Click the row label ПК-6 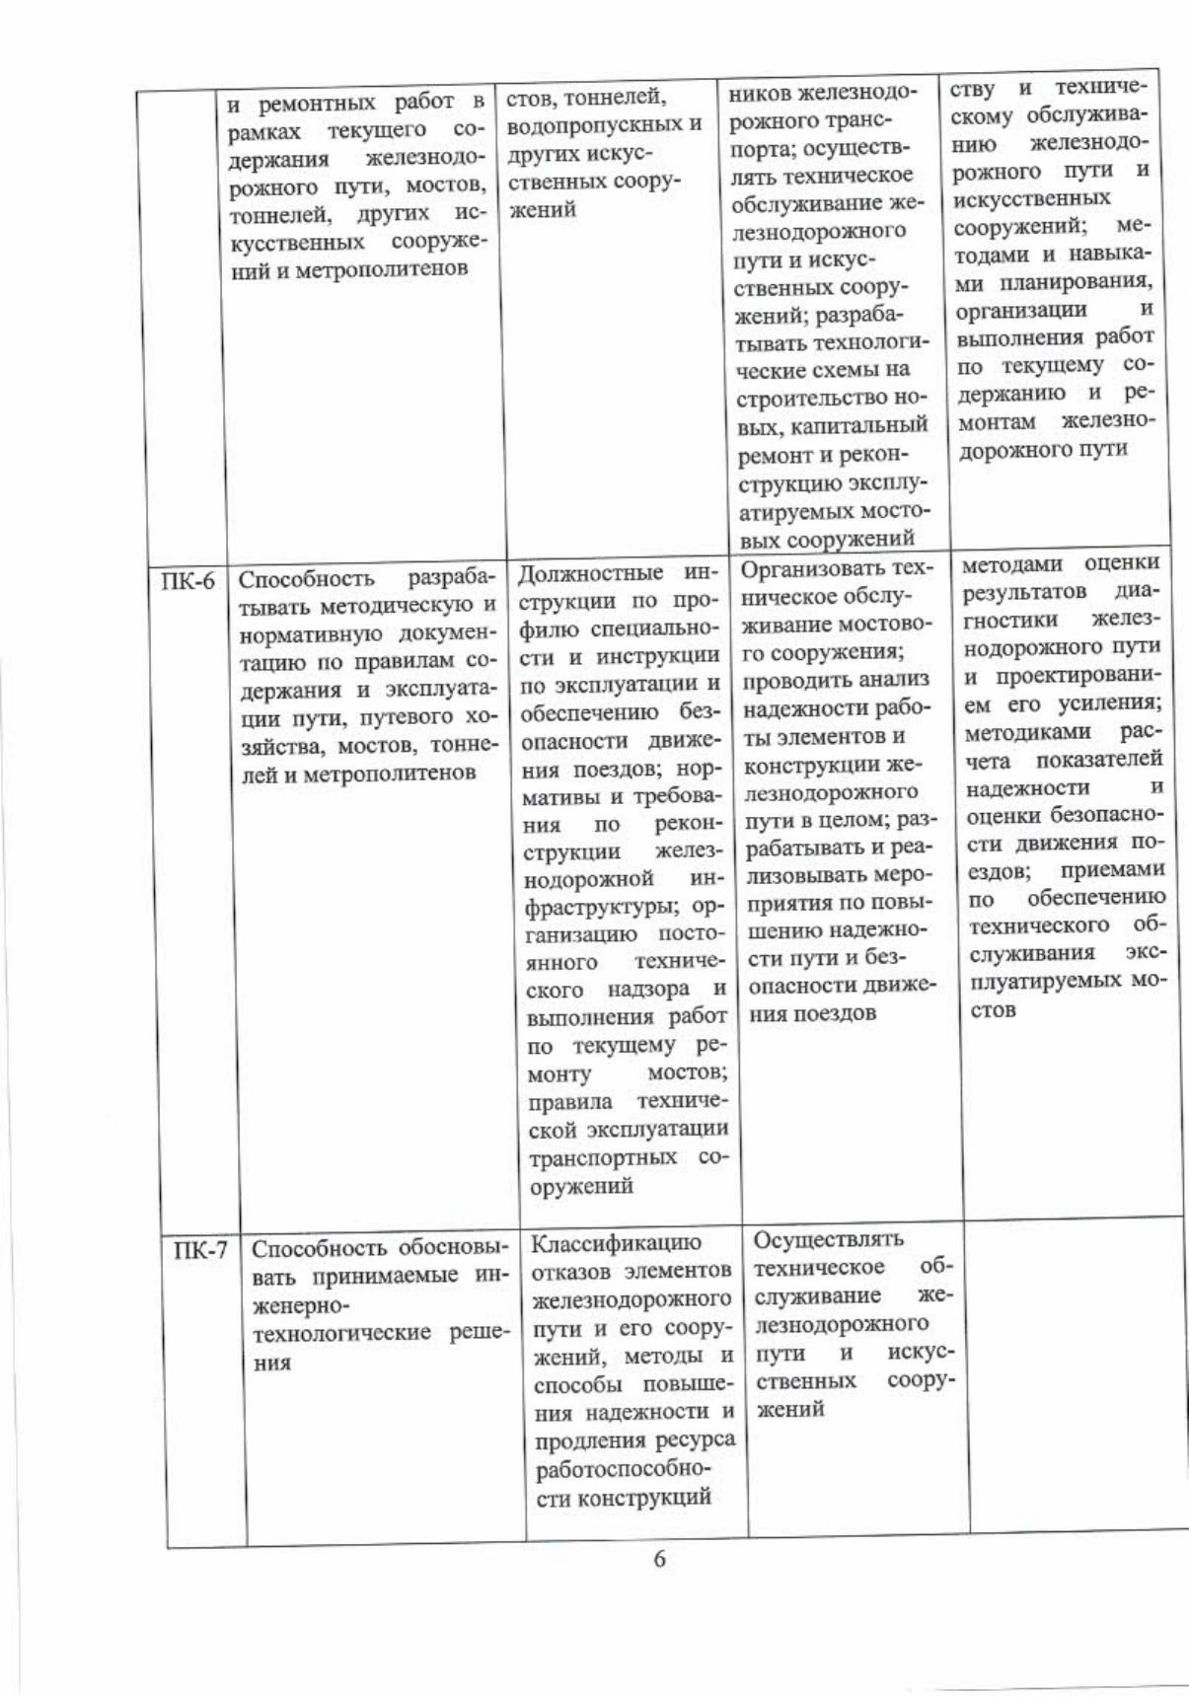(187, 580)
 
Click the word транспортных (602, 1157)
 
